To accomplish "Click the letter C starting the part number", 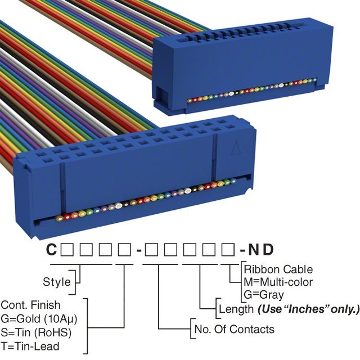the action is pos(51,249).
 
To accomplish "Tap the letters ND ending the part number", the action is pos(261,249).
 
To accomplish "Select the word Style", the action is pos(57,282).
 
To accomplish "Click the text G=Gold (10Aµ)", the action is pos(39,319).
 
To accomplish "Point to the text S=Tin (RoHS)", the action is pos(36,332).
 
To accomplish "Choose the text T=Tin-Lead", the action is pos(30,346).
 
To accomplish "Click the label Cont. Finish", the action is pos(31,305).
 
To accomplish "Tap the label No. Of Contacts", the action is pos(235,329).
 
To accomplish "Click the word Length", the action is pos(236,309).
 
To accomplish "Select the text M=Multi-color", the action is pos(278,282).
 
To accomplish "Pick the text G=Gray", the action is pos(264,295).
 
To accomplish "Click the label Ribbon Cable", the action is pos(278,269).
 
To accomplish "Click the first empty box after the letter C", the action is pos(67,250).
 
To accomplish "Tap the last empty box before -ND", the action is pos(228,250).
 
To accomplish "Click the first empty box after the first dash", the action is pos(151,250).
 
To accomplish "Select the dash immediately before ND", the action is pos(242,250).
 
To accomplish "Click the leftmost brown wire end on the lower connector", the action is pos(58,218).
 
